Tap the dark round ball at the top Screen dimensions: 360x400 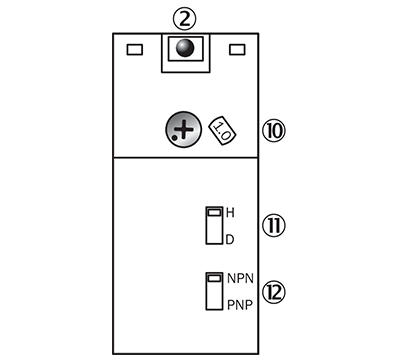click(184, 47)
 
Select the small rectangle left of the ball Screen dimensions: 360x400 click(134, 48)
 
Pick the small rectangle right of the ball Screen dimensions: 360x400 click(238, 48)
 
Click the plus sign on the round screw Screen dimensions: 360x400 click(182, 130)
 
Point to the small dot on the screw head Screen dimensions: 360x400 click(174, 140)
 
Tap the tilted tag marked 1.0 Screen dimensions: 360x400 click(224, 131)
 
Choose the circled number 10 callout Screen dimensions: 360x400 click(273, 130)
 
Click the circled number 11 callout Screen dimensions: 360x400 click(273, 225)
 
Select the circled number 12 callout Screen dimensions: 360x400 click(273, 291)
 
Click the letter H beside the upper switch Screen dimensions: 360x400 click(230, 213)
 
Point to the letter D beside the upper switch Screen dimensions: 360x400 click(230, 239)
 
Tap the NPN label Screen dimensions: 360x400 click(240, 278)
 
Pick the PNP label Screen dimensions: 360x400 click(240, 303)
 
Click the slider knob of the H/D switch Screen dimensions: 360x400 click(213, 213)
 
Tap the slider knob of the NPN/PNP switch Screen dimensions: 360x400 click(213, 277)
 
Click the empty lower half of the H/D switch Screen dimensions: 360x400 click(213, 233)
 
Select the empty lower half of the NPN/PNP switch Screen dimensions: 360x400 click(213, 297)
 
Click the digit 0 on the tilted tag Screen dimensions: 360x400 click(227, 134)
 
